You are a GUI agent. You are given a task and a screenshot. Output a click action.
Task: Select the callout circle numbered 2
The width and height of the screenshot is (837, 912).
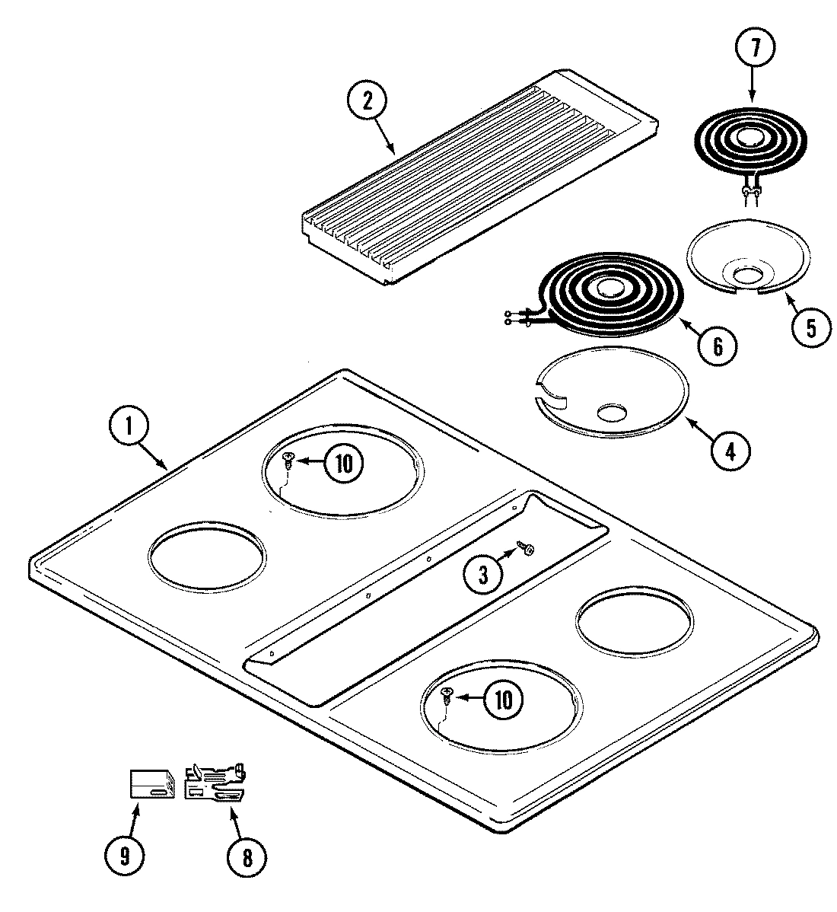click(x=367, y=102)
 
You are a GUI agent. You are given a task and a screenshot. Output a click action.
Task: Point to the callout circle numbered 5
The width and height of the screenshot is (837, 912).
click(x=809, y=327)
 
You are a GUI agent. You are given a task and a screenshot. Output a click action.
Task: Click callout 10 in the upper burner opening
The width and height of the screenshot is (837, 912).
click(x=344, y=463)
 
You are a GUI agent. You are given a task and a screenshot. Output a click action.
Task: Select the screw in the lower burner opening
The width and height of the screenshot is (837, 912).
click(x=446, y=694)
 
